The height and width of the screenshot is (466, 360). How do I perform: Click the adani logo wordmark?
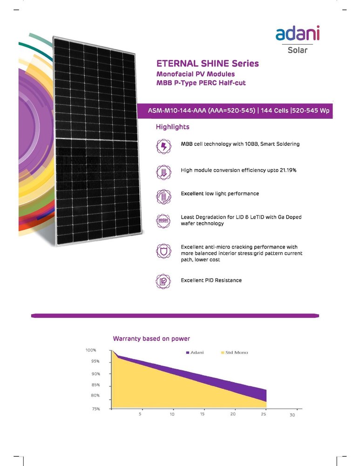(x=297, y=34)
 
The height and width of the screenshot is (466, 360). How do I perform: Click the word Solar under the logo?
(x=298, y=49)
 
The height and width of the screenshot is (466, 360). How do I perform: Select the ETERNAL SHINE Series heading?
(x=207, y=63)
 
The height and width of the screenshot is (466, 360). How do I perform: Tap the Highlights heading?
(x=172, y=127)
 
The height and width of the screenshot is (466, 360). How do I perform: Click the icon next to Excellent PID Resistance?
(x=163, y=281)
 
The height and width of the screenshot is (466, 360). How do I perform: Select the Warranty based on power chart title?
(x=151, y=338)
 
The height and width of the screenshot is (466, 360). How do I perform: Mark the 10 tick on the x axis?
(x=172, y=414)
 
